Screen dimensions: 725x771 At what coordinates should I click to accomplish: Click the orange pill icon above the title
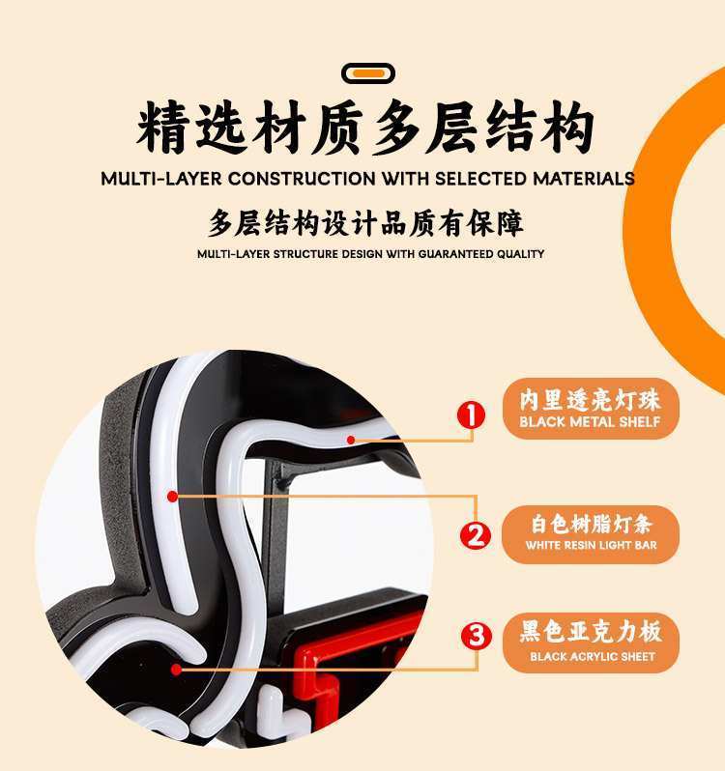pos(368,73)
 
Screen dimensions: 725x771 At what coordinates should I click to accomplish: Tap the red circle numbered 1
pos(471,414)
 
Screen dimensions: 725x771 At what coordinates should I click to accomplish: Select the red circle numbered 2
pos(476,535)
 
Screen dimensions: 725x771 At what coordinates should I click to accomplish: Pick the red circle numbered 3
pos(477,636)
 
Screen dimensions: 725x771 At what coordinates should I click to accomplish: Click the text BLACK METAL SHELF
pos(590,422)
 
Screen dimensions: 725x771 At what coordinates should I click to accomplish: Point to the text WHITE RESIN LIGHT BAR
pos(592,545)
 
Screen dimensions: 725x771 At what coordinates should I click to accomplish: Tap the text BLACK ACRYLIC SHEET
pos(593,656)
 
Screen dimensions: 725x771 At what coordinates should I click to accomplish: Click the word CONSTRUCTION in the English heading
pos(302,179)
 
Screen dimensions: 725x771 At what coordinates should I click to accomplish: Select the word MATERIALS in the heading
pos(584,179)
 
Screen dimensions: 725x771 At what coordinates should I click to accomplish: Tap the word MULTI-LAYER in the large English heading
pos(161,179)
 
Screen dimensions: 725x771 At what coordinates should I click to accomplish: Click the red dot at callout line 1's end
pos(351,440)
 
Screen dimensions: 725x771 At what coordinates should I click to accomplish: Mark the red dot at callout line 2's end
pos(172,497)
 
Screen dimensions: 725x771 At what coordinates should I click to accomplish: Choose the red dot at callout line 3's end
pos(176,670)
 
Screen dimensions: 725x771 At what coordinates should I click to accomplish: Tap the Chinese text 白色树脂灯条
pos(592,525)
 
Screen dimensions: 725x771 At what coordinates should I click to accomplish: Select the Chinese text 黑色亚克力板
pos(591,631)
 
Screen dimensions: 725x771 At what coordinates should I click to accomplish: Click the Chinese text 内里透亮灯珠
pos(590,400)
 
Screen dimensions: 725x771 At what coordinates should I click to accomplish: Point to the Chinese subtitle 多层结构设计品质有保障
pos(365,223)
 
